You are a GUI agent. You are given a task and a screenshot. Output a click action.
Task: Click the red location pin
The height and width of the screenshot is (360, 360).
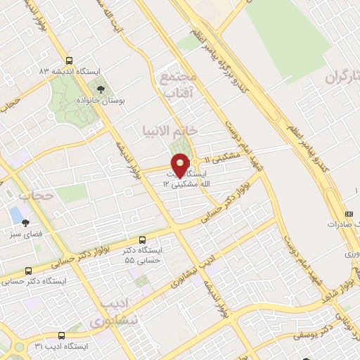pyautogui.click(x=180, y=165)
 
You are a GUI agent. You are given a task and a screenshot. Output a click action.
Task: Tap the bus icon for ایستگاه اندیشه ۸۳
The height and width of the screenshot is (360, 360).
pyautogui.click(x=69, y=60)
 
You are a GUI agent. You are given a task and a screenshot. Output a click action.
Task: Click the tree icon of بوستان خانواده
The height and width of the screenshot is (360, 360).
pyautogui.click(x=101, y=89)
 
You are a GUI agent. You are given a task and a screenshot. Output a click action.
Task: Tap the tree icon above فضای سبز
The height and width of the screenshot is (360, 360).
pyautogui.click(x=26, y=223)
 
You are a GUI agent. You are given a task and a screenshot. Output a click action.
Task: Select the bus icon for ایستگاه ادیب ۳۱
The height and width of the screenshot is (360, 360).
pyautogui.click(x=61, y=335)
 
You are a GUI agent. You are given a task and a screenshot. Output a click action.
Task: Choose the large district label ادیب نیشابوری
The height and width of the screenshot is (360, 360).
pyautogui.click(x=113, y=314)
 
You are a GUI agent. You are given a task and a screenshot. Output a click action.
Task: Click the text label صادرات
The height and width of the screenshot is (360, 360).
pyautogui.click(x=343, y=225)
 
